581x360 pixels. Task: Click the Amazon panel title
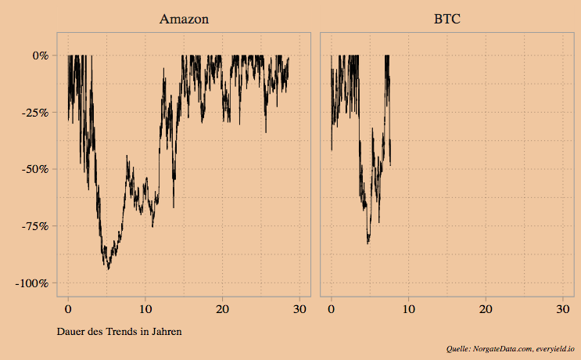(184, 18)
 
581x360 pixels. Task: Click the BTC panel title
(447, 18)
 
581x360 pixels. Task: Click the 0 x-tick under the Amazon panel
(69, 310)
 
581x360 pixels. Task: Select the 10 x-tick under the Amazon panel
(145, 310)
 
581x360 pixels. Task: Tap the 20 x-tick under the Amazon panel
(223, 310)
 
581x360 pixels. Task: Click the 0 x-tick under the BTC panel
(332, 310)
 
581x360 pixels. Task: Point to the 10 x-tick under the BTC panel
(408, 310)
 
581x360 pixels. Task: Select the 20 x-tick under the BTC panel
(486, 310)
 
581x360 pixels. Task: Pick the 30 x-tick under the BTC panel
(562, 310)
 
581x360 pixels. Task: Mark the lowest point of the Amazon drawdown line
(108, 268)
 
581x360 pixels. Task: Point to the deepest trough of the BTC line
(368, 243)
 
